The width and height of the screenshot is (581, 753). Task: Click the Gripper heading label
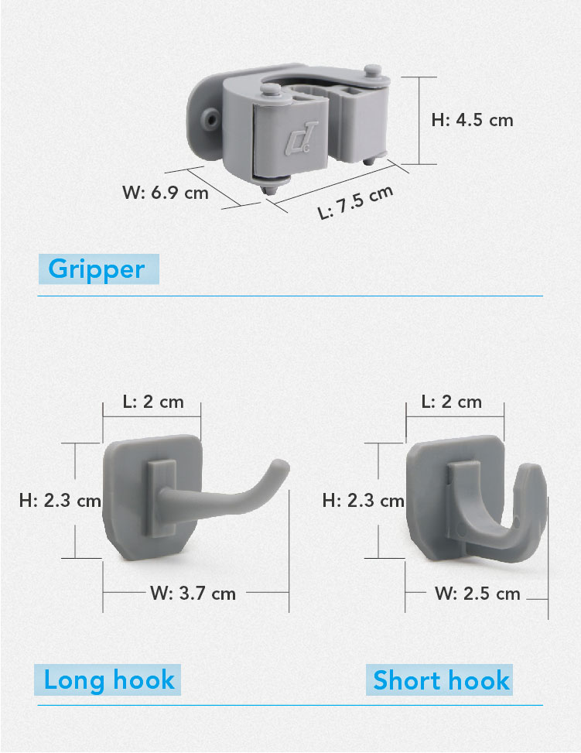pyautogui.click(x=97, y=269)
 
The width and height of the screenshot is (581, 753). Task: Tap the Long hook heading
pyautogui.click(x=109, y=680)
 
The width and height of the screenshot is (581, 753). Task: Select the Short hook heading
pyautogui.click(x=441, y=680)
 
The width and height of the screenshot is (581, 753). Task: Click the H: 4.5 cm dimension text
pyautogui.click(x=472, y=120)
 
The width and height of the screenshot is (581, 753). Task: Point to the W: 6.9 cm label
pyautogui.click(x=166, y=193)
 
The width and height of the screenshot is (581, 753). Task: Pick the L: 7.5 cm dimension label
pyautogui.click(x=355, y=202)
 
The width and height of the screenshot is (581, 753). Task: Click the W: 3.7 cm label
pyautogui.click(x=193, y=594)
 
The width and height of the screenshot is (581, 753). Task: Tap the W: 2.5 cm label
pyautogui.click(x=477, y=594)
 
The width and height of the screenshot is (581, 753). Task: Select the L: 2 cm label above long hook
pyautogui.click(x=153, y=402)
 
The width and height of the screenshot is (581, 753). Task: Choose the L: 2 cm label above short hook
pyautogui.click(x=451, y=402)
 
